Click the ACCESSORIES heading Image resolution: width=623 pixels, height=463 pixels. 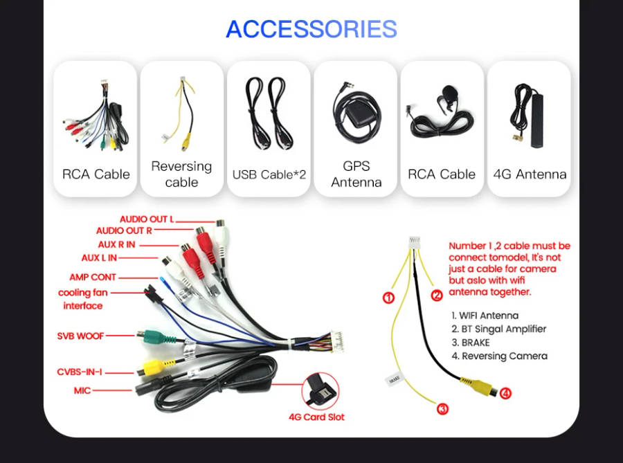(311, 29)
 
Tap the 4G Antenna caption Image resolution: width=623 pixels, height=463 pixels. (530, 174)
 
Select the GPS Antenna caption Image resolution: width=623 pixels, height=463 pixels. (356, 174)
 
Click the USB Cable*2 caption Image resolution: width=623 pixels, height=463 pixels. (269, 174)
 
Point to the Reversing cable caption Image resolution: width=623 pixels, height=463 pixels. (181, 174)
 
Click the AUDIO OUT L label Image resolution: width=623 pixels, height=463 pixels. (147, 219)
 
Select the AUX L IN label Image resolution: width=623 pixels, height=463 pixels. (99, 258)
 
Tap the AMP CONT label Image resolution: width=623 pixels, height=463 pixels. (93, 278)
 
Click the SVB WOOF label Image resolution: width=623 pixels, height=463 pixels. (80, 336)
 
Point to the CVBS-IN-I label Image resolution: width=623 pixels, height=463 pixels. (80, 372)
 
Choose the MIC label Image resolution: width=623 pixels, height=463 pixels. (82, 390)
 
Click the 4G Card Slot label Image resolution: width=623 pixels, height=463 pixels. (316, 417)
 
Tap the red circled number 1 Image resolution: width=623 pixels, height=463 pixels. (388, 298)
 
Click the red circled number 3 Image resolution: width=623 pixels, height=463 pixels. (443, 409)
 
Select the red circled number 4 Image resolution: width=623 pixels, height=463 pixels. (507, 393)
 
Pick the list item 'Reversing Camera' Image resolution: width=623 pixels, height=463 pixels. (504, 356)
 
